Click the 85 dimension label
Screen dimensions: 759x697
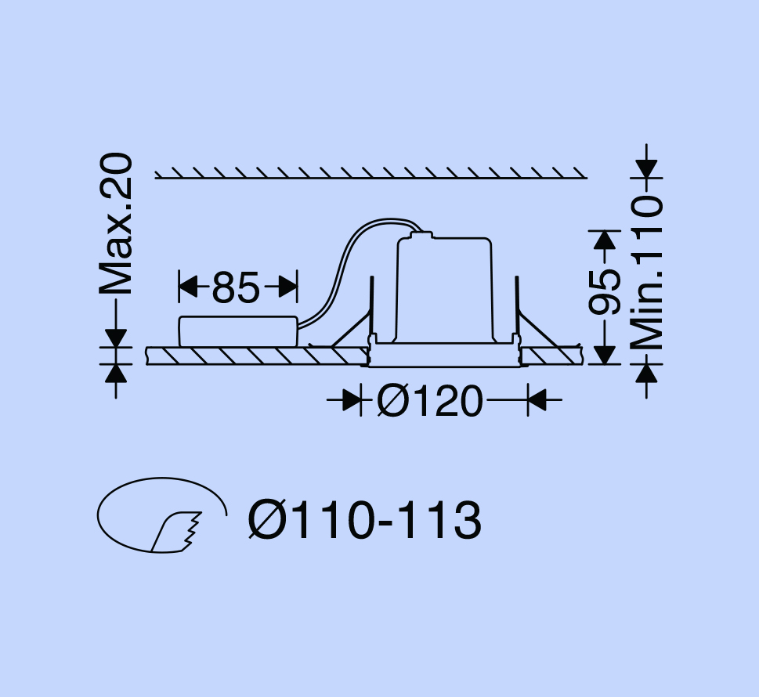(236, 287)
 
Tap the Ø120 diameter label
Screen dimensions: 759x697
(430, 401)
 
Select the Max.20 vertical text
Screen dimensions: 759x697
(116, 224)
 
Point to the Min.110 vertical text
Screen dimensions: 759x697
(647, 273)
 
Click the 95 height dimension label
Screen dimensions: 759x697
(604, 291)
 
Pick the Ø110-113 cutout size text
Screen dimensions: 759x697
(364, 520)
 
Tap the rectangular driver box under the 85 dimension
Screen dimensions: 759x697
(238, 331)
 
